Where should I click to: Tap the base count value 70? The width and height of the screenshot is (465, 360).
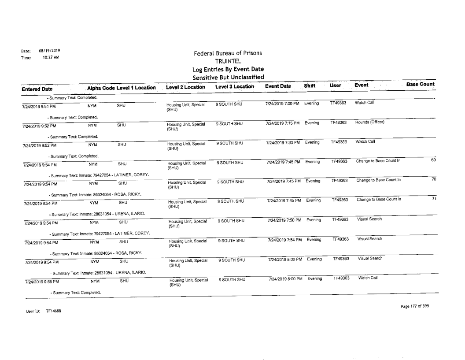click(432, 180)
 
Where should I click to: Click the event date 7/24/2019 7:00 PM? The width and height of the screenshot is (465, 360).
click(280, 104)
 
